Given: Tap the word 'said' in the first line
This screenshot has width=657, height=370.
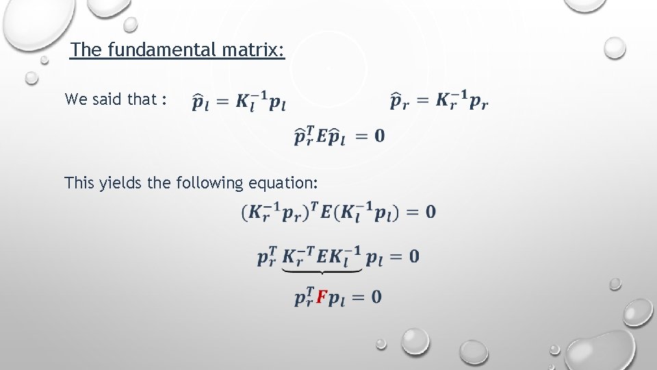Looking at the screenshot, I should pyautogui.click(x=107, y=99).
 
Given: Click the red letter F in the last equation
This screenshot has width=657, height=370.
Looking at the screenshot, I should pyautogui.click(x=321, y=298).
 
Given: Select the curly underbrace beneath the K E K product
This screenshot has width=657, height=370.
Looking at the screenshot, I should pyautogui.click(x=322, y=271).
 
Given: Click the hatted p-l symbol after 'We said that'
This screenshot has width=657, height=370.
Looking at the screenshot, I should pyautogui.click(x=201, y=103).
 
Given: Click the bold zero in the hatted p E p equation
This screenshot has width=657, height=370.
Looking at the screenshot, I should pyautogui.click(x=379, y=136).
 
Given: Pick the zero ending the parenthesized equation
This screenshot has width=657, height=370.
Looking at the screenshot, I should pyautogui.click(x=430, y=212).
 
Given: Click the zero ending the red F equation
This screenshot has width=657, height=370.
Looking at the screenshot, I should pyautogui.click(x=376, y=297).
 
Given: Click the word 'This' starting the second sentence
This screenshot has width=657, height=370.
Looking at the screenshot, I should pyautogui.click(x=78, y=183).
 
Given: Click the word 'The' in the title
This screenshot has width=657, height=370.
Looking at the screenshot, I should pyautogui.click(x=86, y=50).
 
